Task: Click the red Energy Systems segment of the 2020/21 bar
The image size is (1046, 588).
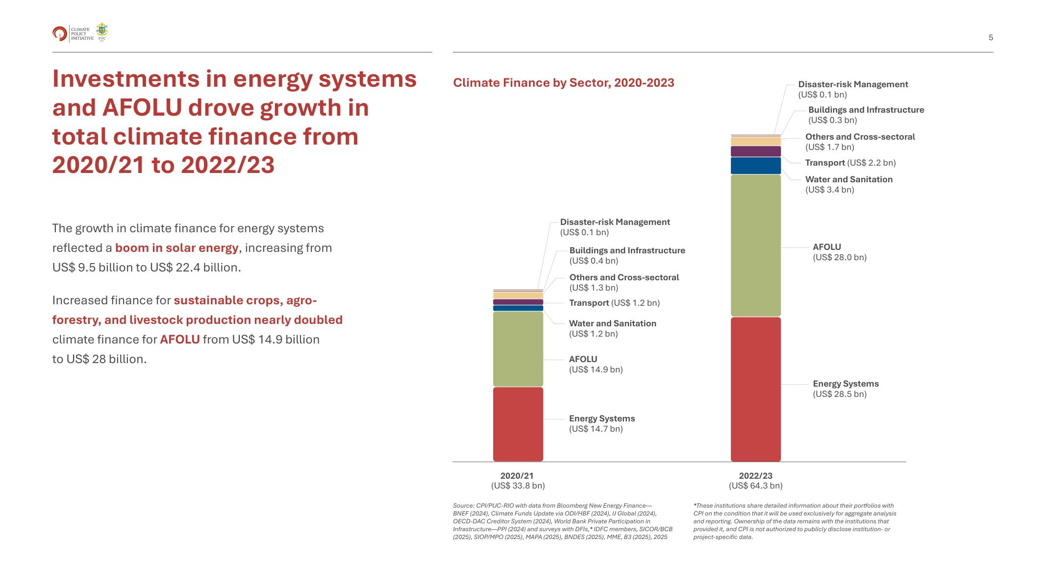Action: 518,424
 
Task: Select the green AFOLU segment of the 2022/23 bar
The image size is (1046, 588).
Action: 755,245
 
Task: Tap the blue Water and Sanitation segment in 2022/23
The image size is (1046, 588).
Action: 755,166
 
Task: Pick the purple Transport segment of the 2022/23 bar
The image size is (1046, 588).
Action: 755,151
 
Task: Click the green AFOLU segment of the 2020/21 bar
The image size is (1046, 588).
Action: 518,349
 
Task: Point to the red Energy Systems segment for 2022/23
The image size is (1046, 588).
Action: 755,389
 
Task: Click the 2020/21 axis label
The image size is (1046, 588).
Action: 517,476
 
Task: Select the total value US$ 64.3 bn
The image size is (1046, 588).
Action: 755,486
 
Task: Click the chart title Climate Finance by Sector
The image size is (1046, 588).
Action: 563,83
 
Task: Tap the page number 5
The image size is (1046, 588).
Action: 991,38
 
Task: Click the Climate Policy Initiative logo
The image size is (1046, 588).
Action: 60,33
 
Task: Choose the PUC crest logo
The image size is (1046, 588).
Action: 102,32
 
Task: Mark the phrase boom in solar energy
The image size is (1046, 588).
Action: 176,248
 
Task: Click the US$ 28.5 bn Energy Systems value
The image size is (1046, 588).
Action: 840,394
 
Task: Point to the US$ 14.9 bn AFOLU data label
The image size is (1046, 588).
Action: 596,370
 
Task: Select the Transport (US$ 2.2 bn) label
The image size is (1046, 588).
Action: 850,163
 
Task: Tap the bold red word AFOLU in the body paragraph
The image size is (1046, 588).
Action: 180,340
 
